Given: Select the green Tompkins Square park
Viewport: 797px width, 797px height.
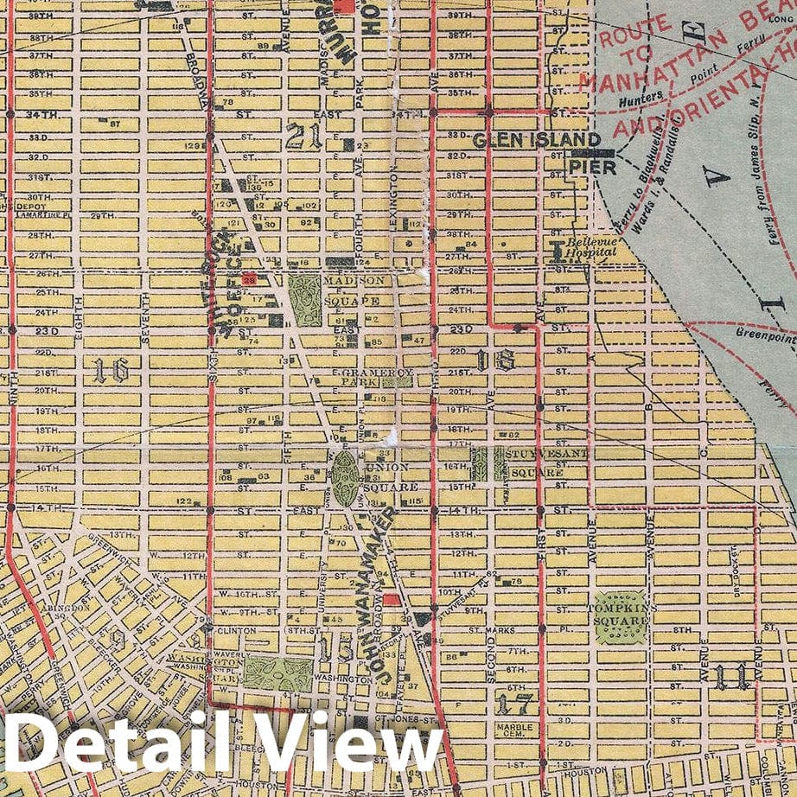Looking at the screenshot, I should (x=621, y=617).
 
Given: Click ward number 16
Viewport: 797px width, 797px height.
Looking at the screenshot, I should (x=112, y=370).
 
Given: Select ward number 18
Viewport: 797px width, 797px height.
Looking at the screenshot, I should (x=503, y=361).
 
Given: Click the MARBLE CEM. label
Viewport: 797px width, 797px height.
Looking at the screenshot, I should (x=514, y=731).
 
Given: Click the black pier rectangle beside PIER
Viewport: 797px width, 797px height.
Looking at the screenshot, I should (x=591, y=154).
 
